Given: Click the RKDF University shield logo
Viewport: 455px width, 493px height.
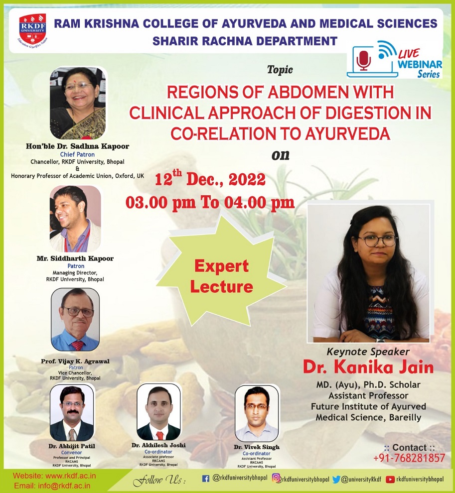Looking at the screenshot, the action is [33, 29].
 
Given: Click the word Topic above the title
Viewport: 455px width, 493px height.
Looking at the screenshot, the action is [280, 70].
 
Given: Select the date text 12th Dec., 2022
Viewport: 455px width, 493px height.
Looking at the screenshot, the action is [210, 179].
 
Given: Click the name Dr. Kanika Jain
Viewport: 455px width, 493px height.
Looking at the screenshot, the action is [368, 367].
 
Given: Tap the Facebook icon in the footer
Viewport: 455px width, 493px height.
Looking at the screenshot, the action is [205, 479].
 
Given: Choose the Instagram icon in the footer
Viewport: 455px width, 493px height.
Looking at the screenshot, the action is [276, 478].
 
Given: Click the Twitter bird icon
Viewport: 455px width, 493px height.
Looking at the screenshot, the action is [336, 479].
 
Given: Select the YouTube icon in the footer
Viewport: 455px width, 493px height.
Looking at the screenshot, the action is [390, 479].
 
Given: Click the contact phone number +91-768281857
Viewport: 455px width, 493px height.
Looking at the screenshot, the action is [409, 458].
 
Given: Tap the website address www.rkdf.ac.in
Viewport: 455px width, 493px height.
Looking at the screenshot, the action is [70, 476].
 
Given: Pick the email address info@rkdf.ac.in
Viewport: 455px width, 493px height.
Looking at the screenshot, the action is [64, 486].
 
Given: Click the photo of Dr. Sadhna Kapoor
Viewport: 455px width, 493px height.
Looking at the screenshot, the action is [78, 103].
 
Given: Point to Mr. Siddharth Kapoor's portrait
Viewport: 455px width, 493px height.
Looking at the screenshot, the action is [75, 219].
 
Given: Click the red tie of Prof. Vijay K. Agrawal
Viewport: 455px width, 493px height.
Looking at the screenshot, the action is [77, 345].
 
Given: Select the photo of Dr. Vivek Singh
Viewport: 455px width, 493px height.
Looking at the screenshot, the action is [257, 413].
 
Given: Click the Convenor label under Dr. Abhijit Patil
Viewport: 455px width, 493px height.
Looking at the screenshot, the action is [71, 453].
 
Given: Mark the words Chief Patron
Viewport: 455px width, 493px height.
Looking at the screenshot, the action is [77, 154].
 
